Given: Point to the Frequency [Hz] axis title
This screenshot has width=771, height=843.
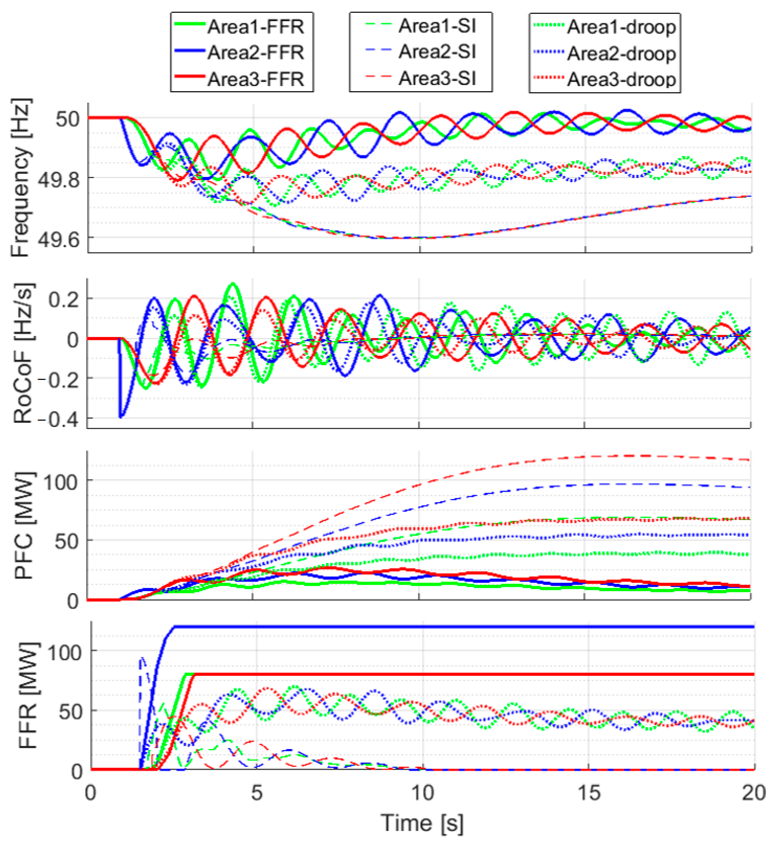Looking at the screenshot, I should [21, 178].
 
